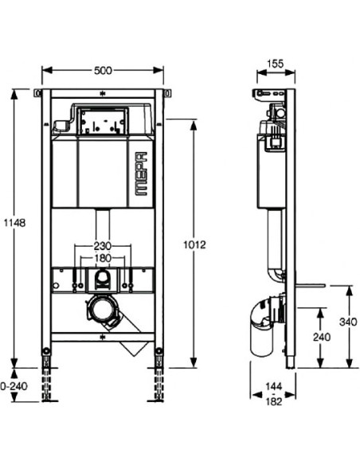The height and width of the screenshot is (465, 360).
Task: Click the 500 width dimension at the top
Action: coord(103,70)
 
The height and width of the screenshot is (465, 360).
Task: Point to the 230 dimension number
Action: coord(101,246)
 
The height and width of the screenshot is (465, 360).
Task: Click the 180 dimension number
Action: coord(101,259)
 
